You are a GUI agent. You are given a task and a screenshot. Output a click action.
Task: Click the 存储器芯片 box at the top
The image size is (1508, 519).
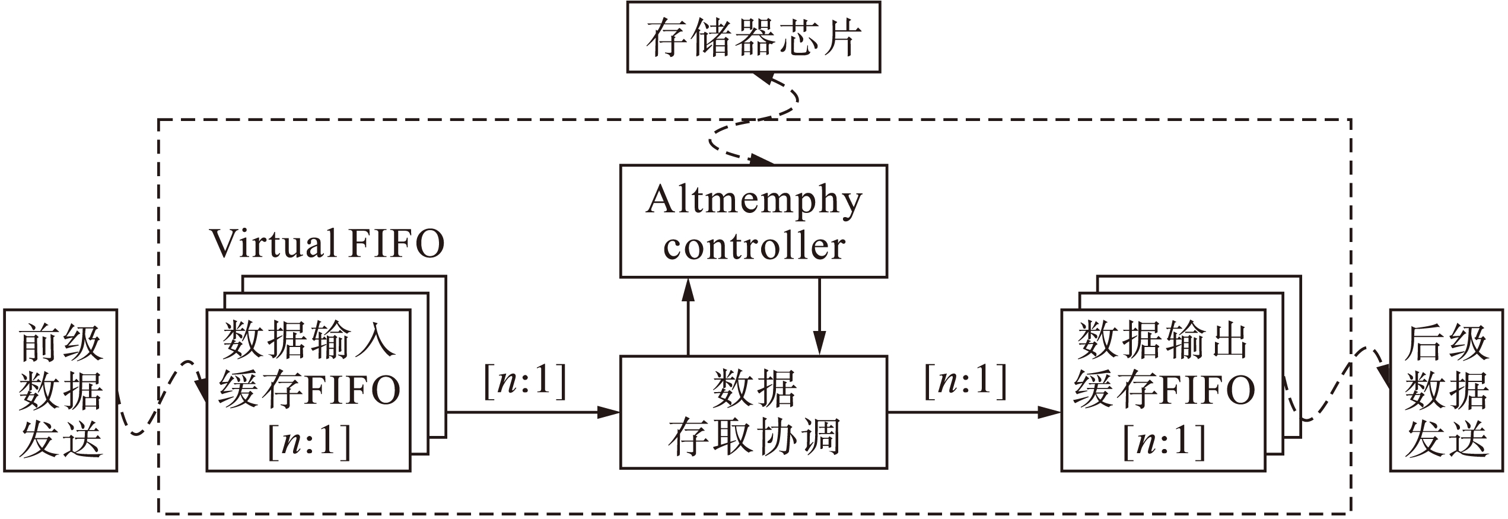(753, 37)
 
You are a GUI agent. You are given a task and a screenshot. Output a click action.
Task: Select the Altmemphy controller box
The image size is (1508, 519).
(753, 221)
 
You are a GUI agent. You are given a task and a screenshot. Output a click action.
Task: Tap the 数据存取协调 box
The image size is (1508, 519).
(753, 412)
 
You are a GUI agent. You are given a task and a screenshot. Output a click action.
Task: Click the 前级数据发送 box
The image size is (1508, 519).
(61, 390)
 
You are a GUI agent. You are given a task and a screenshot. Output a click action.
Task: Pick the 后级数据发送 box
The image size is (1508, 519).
(1446, 390)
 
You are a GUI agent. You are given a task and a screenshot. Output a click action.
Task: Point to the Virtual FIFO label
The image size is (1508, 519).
(327, 244)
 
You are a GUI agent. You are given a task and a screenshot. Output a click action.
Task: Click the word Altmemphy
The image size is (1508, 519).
(753, 200)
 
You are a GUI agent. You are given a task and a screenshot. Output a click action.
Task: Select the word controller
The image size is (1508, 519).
(753, 247)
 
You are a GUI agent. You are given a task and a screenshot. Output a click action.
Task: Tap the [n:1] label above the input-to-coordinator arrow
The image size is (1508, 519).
(526, 381)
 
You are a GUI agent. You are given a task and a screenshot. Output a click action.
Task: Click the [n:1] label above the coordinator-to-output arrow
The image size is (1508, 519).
(966, 381)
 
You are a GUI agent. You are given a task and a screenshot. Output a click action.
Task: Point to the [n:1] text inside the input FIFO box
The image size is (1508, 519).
(309, 442)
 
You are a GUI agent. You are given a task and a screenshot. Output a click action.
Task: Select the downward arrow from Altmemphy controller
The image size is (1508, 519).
(819, 317)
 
